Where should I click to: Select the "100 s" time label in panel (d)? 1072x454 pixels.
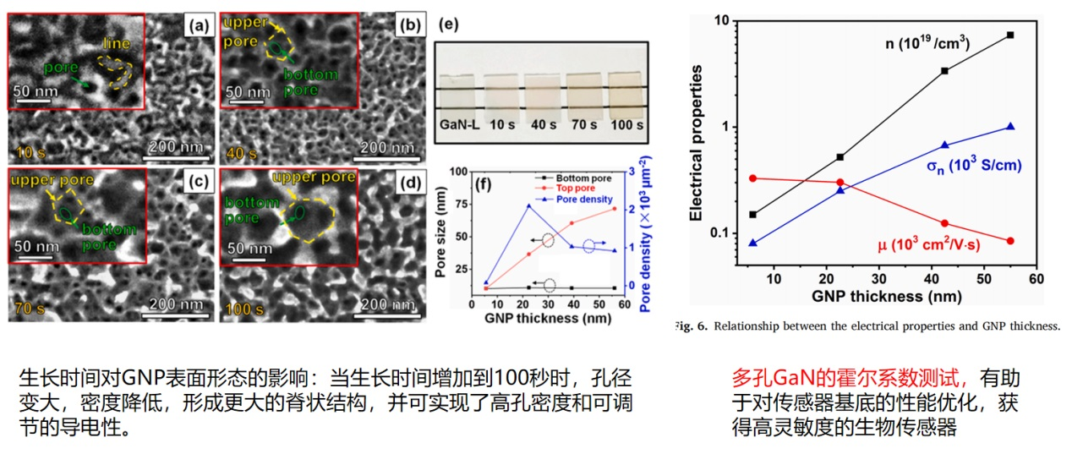click(245, 310)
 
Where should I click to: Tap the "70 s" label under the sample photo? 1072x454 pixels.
click(582, 124)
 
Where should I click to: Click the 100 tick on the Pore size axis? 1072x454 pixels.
click(458, 171)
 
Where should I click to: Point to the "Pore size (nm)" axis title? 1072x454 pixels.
click(440, 229)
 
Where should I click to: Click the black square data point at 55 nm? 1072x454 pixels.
click(1009, 35)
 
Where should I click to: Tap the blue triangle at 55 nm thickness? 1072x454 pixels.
click(1009, 127)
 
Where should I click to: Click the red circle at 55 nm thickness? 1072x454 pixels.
click(1009, 241)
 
